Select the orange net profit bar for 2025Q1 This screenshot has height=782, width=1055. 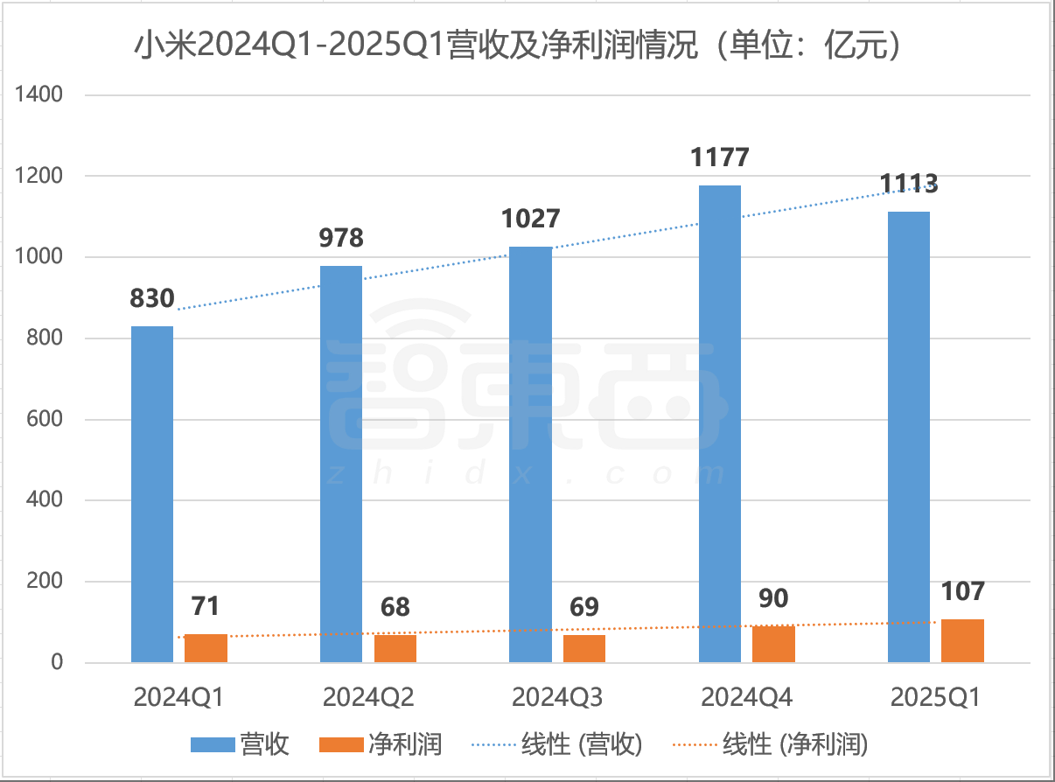(962, 641)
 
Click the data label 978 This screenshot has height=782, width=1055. (342, 237)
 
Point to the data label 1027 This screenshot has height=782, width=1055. (530, 218)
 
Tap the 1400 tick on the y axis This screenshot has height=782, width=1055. (40, 94)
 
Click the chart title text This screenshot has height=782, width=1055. (516, 45)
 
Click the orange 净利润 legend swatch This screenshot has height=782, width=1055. (342, 744)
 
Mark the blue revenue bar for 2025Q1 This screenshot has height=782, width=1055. (909, 437)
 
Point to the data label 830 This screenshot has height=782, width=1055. (152, 298)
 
